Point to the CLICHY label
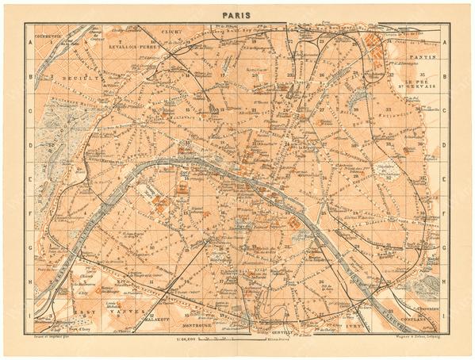click(171, 33)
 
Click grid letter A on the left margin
click(29, 43)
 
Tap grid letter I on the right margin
click(446, 316)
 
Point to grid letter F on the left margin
click(29, 213)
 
